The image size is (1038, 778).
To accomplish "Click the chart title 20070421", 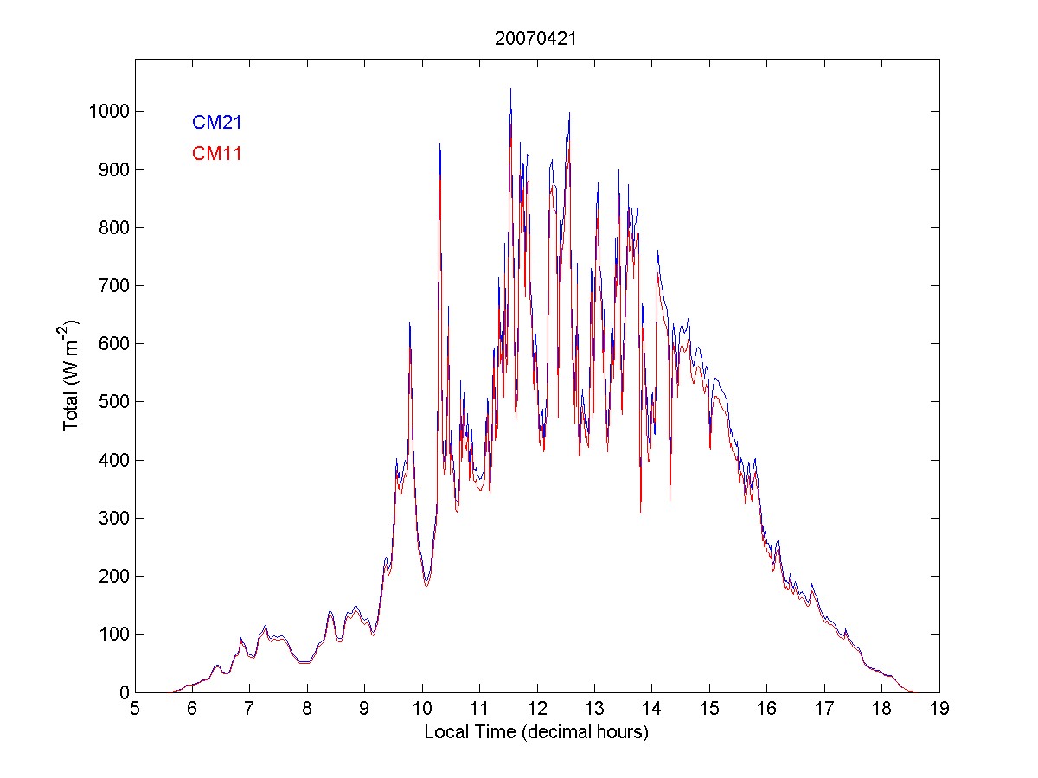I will coord(536,38).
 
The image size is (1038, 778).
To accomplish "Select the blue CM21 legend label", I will coord(216,123).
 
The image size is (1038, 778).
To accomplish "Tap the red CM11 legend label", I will coord(216,154).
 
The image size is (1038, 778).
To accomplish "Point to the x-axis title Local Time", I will coord(536,732).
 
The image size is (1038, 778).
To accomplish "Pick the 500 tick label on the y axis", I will coord(112,402).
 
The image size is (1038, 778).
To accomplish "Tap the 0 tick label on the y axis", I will coord(125,692).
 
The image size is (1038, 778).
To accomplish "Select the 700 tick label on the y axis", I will coord(112,285).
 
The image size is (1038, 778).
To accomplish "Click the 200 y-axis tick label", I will coord(112,577).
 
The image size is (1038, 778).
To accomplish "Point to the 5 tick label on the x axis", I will coord(135,710).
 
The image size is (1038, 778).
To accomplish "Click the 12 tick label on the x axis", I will coord(537,710).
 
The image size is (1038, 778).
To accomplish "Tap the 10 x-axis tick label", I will coord(422,710).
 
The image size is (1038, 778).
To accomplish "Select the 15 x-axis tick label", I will coord(709,710).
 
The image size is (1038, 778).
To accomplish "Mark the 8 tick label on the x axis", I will coord(307,710).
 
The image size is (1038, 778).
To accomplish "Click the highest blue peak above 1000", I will coord(510,90).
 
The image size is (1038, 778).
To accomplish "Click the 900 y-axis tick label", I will coord(112,169).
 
